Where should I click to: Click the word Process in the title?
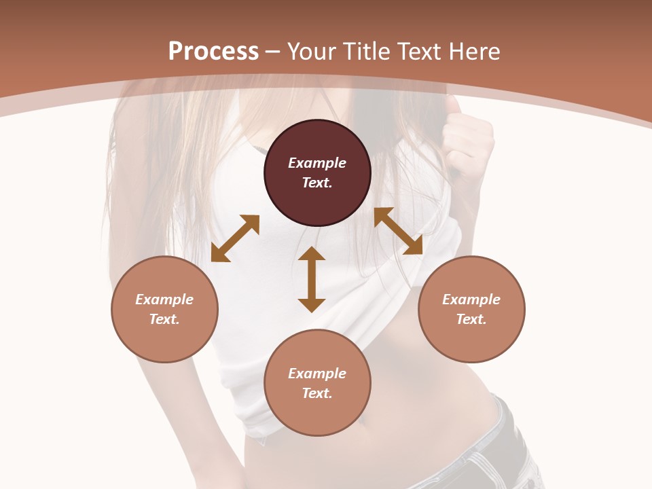point(213,52)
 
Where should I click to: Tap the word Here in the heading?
point(475,52)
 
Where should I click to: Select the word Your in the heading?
point(314,52)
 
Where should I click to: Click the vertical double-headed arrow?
point(312,279)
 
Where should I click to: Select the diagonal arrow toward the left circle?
point(235,238)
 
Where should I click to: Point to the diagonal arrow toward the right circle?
point(399,231)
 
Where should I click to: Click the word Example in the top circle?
point(317,163)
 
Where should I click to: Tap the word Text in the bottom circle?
point(316,393)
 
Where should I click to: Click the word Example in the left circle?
point(164,300)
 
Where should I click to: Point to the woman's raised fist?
point(467,136)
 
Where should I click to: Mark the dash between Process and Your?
point(272,52)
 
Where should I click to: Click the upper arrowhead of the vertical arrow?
point(312,253)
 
